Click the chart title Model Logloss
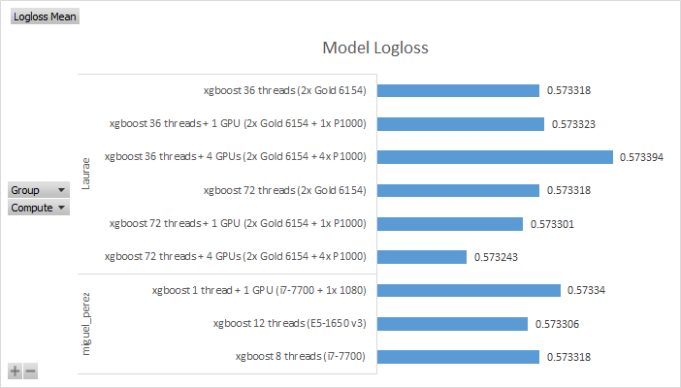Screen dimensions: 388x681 (374, 48)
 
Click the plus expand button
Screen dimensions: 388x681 (16, 371)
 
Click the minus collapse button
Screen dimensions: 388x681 (31, 371)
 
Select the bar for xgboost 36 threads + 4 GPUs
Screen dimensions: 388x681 (495, 157)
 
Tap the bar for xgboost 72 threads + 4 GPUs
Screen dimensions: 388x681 (422, 257)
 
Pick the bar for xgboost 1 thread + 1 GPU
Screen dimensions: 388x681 (469, 290)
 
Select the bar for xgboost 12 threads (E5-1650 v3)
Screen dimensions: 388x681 (452, 323)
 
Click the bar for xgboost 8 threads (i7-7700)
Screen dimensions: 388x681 (458, 357)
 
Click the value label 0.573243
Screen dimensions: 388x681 (496, 257)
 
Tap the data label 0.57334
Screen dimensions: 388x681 (586, 290)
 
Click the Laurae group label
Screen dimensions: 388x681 (87, 175)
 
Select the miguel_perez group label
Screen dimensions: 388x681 (87, 323)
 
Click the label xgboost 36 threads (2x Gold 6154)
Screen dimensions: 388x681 (284, 91)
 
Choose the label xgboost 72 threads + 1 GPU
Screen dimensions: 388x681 (238, 224)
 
